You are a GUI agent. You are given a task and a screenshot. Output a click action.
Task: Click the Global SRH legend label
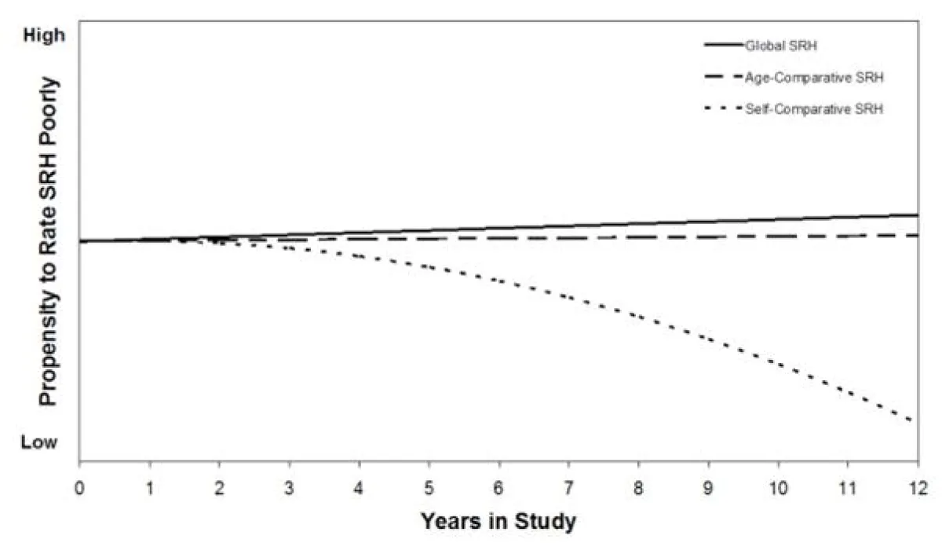[775, 46]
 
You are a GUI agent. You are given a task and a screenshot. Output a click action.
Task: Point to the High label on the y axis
[38, 36]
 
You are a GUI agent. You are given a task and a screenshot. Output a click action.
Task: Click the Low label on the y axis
[38, 443]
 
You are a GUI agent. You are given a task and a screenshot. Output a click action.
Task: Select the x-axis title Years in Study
[498, 520]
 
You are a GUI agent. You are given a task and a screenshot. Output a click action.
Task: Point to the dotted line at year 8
[638, 317]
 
